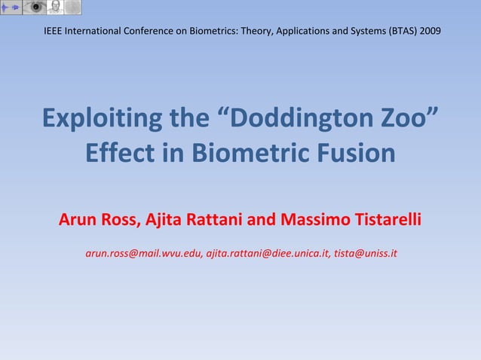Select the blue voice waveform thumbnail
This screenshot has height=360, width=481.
11,8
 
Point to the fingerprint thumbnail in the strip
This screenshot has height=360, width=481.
73,8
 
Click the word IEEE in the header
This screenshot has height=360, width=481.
54,32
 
